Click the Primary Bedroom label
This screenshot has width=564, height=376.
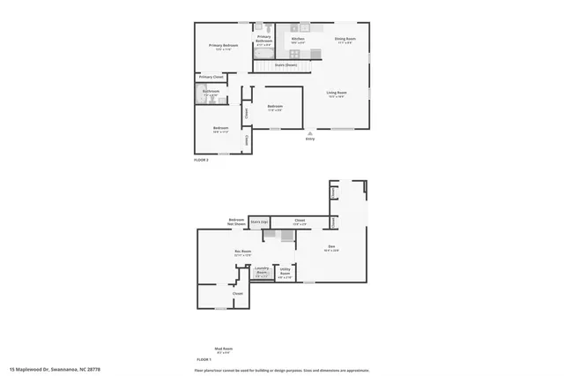(223, 45)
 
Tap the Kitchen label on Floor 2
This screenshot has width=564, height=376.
(298, 39)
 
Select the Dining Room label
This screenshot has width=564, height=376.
(345, 39)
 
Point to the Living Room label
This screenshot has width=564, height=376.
(337, 93)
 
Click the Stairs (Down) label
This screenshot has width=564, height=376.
(286, 64)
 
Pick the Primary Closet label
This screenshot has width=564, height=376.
(211, 78)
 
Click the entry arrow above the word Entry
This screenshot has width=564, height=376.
(309, 132)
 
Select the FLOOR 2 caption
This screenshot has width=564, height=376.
(202, 160)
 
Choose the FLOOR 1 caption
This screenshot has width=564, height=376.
(203, 360)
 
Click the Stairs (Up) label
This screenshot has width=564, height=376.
(258, 222)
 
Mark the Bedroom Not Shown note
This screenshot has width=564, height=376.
(236, 222)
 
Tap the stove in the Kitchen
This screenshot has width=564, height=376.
(305, 26)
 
